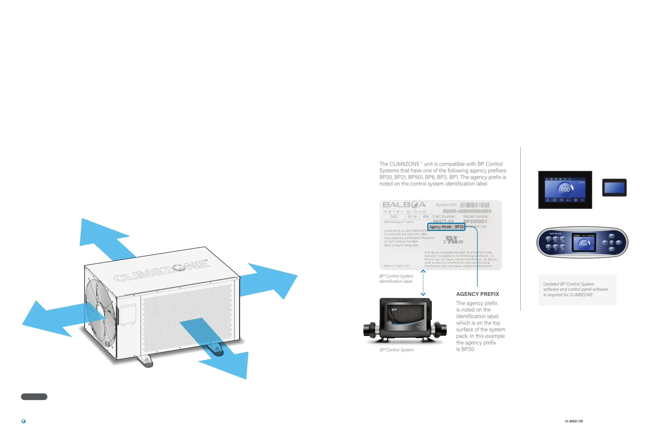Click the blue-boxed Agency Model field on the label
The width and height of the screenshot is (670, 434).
coord(446,227)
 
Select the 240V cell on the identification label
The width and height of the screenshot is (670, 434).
coord(394,217)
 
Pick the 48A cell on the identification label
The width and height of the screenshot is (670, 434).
coord(426,217)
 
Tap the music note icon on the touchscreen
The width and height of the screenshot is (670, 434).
coord(568,200)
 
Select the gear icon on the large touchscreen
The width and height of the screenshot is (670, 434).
coord(576,200)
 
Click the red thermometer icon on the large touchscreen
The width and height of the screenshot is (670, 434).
coord(548,200)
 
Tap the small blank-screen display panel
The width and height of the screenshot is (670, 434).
coord(614,188)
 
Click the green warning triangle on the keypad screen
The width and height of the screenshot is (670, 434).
coord(576,248)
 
